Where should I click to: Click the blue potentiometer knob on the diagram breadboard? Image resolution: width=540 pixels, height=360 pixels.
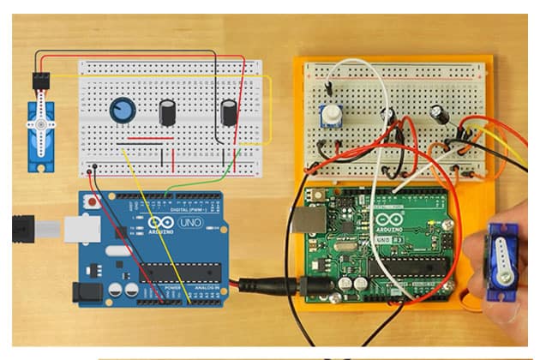(123, 109)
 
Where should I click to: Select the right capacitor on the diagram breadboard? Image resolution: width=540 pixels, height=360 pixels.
(229, 112)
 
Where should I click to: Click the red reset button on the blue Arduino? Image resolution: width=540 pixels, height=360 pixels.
(91, 201)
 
